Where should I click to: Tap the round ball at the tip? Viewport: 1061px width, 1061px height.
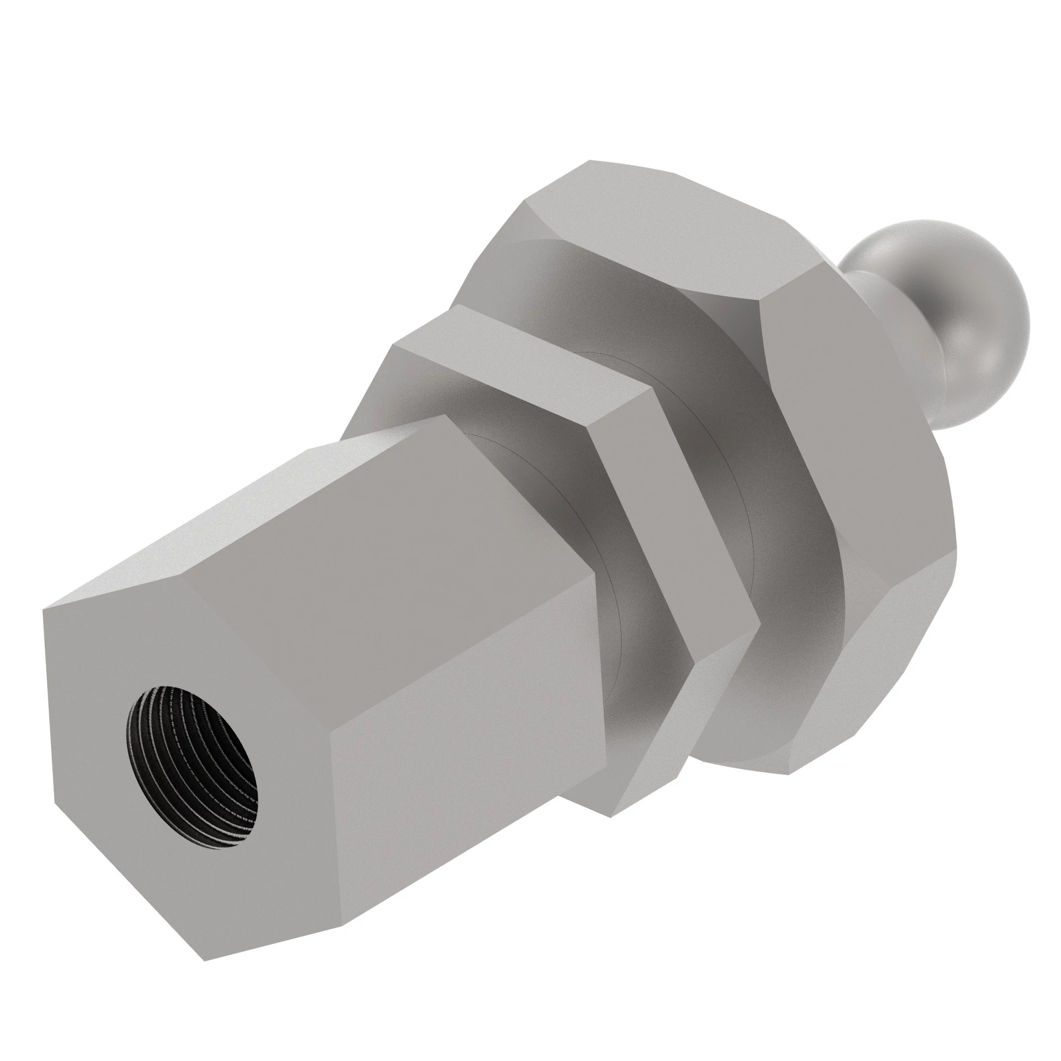(934, 308)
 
